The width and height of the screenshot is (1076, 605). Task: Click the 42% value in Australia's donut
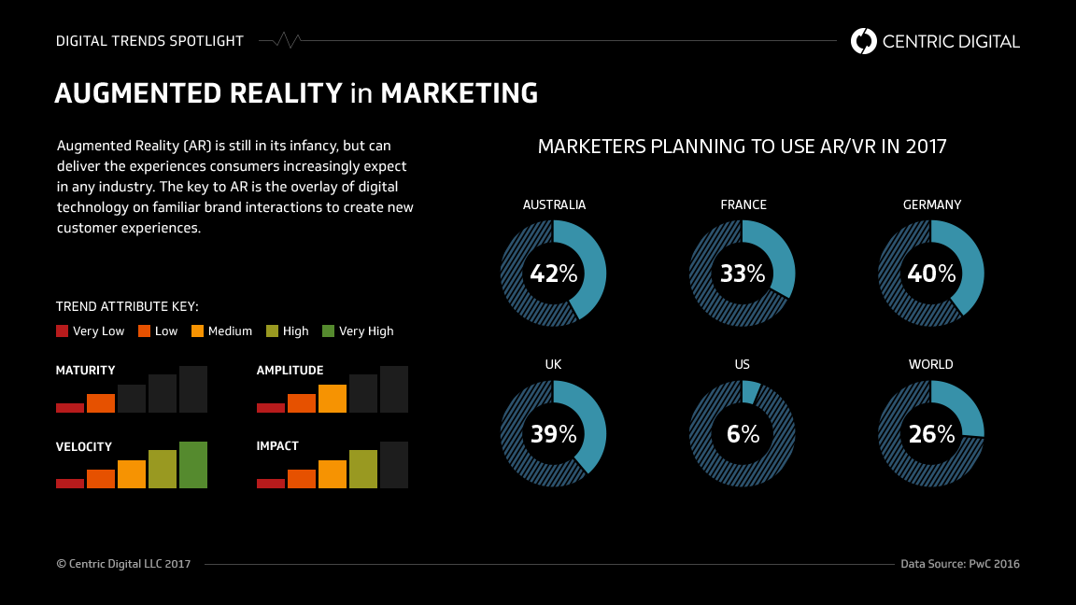[554, 274]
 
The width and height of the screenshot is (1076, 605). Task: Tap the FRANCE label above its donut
[743, 204]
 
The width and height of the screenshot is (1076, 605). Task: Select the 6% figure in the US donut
[743, 433]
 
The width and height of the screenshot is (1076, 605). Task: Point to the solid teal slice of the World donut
[963, 404]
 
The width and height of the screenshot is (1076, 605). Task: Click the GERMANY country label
[931, 204]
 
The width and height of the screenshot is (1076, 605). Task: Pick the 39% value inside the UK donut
[554, 433]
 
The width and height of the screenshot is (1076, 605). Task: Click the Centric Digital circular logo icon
[864, 41]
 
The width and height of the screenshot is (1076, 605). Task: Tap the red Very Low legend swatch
[63, 331]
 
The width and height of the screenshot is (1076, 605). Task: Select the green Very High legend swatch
[328, 331]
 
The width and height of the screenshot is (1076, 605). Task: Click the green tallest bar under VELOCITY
[193, 465]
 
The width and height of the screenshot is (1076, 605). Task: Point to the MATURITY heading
[86, 371]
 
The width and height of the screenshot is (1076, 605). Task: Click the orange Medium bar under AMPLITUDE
[332, 399]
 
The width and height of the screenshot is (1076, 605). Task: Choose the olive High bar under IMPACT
[362, 469]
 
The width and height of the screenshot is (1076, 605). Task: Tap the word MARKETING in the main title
[459, 93]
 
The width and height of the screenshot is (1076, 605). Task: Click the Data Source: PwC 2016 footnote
[959, 564]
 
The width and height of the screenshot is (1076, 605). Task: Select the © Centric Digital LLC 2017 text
[123, 564]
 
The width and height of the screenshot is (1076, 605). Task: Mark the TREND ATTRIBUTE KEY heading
[127, 306]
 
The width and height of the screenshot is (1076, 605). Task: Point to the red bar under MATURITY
[70, 407]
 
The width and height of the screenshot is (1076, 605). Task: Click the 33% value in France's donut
[743, 274]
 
